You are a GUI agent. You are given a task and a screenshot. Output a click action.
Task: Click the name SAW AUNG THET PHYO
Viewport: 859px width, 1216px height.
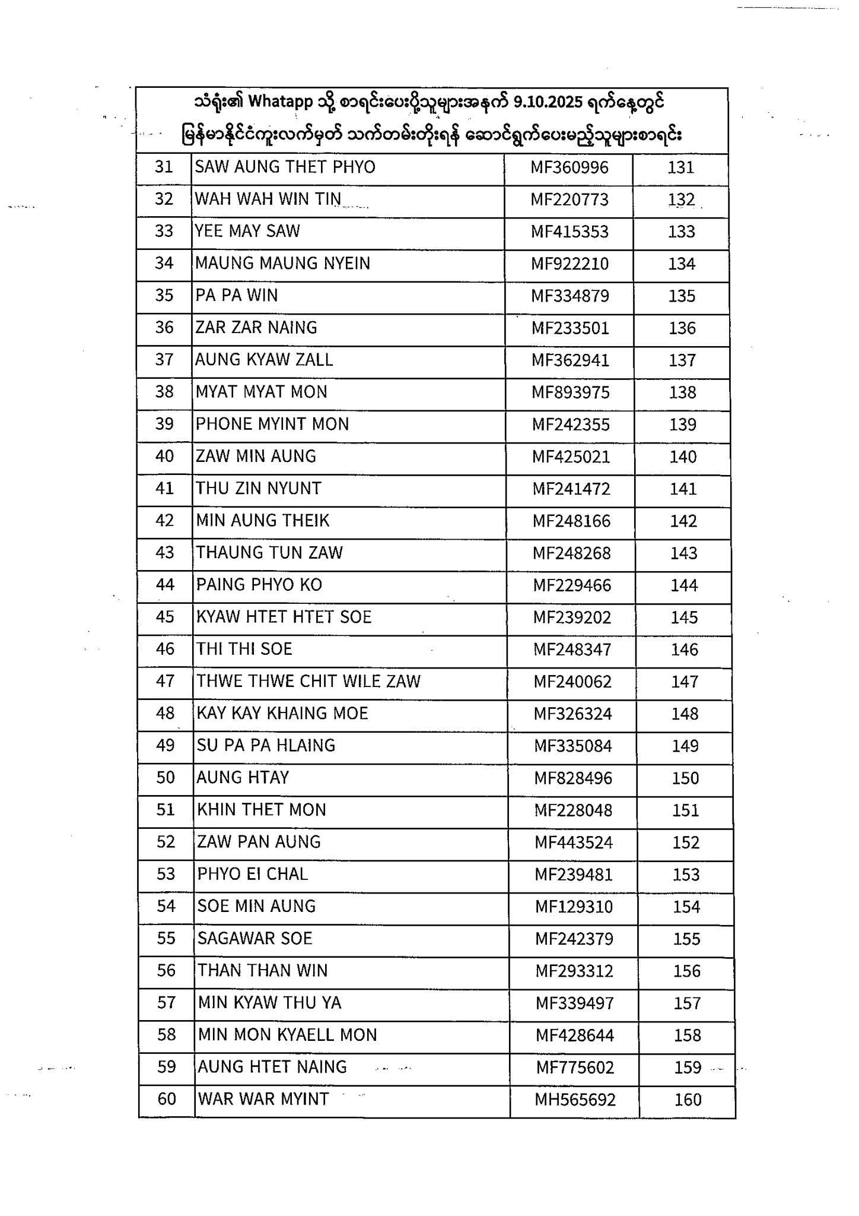285,167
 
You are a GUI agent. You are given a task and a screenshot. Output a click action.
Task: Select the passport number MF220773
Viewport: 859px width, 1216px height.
570,199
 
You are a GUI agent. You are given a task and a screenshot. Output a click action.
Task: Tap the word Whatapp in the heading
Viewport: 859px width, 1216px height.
280,102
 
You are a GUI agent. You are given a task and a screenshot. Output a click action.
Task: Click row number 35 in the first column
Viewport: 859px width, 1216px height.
164,295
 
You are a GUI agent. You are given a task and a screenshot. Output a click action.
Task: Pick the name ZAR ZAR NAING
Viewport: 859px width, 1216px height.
256,328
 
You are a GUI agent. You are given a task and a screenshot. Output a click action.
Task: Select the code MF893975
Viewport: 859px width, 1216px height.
571,392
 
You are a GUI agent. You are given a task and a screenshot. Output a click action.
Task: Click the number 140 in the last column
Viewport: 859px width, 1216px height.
683,457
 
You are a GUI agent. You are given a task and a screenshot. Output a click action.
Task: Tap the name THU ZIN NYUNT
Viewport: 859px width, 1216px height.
259,489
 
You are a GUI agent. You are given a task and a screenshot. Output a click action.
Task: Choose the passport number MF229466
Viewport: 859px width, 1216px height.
572,585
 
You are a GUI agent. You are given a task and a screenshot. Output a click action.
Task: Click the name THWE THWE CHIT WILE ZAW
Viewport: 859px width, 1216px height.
308,682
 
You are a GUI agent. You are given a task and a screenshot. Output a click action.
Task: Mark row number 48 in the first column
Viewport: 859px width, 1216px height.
165,713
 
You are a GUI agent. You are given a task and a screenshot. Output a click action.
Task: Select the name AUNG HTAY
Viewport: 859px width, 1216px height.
243,778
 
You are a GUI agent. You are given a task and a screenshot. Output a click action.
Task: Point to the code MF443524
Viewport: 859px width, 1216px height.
574,843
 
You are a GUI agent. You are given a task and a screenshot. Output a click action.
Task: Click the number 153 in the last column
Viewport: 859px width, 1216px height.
686,875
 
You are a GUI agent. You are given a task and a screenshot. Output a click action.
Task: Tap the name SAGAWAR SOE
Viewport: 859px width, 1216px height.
255,939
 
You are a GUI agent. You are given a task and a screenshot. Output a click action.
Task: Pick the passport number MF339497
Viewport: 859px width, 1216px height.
575,1003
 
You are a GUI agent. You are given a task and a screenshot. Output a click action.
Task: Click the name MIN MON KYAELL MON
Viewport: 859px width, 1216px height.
288,1035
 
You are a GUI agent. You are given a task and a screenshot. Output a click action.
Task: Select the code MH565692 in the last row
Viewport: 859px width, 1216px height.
575,1100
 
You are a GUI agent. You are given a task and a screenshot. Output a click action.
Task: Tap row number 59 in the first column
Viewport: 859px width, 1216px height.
167,1067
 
